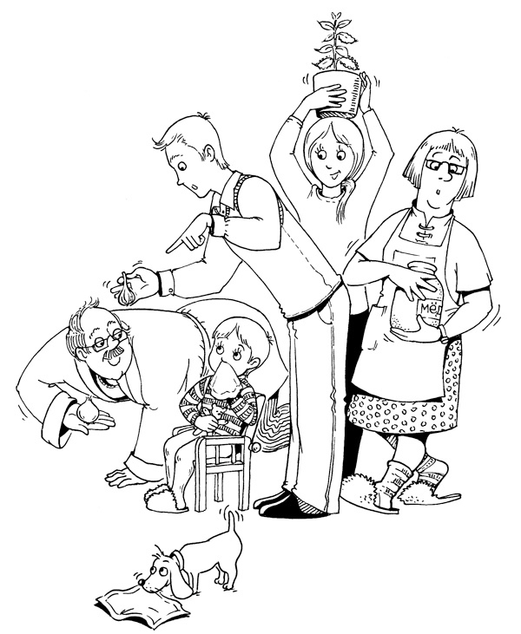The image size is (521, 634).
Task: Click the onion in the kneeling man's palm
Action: click(87, 412)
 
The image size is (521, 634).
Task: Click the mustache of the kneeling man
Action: click(114, 353)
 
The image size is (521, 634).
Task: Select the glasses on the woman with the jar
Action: click(445, 167)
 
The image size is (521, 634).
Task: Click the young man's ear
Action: click(209, 153)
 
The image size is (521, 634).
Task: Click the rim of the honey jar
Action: click(421, 267)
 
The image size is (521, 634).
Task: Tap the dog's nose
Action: click(140, 582)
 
